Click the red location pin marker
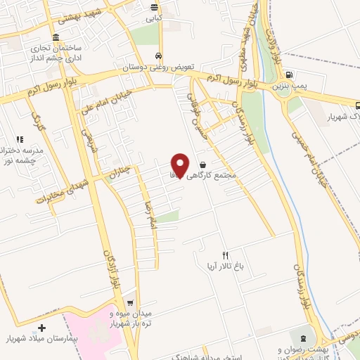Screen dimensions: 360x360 [x=181, y=165]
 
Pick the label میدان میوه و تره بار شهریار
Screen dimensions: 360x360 [x=129, y=319]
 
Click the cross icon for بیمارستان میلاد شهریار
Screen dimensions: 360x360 [x=41, y=328]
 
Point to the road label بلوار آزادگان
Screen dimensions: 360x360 [x=110, y=271]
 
